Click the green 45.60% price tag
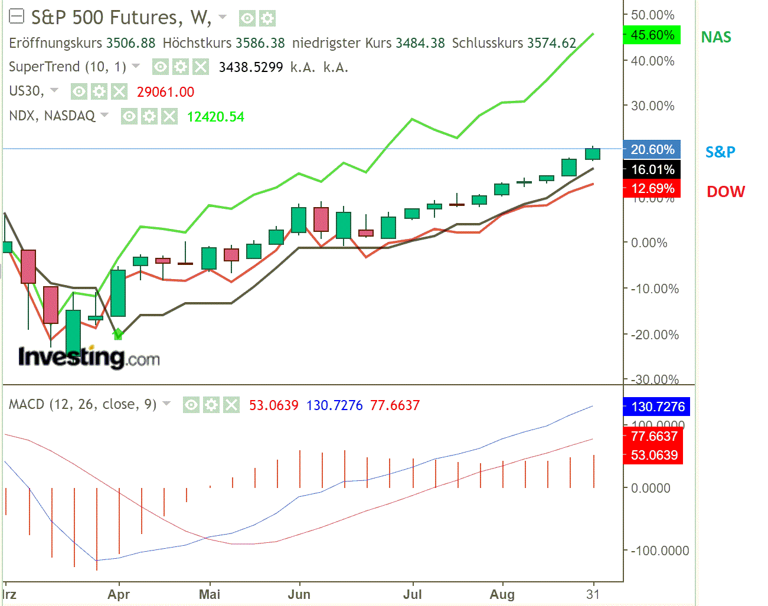pos(652,35)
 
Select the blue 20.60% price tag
pos(652,149)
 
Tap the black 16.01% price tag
pos(652,169)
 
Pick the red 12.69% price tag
pos(652,188)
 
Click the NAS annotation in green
pos(715,37)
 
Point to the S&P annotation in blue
pos(720,152)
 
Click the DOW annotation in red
pos(725,191)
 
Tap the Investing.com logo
pos(89,356)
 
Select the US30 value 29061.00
pos(165,92)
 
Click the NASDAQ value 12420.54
pos(215,117)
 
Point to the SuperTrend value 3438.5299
pos(251,67)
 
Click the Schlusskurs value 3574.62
pos(551,43)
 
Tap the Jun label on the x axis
pos(299,594)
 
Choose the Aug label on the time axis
pos(502,594)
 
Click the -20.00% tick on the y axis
pos(654,335)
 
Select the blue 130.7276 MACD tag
pos(656,407)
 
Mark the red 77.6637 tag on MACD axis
pos(653,436)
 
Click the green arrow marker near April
pos(118,334)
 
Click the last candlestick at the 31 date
pos(593,153)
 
